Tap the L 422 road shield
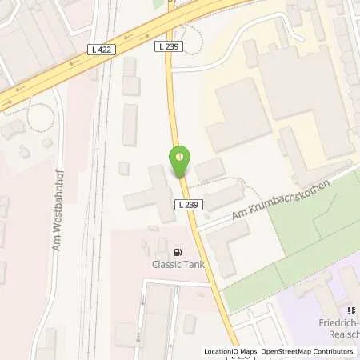pyautogui.click(x=102, y=50)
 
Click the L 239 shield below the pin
pyautogui.click(x=187, y=205)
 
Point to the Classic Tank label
pyautogui.click(x=173, y=263)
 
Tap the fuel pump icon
pyautogui.click(x=173, y=250)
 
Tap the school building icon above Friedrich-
pyautogui.click(x=349, y=311)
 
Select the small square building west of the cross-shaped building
pyautogui.click(x=124, y=168)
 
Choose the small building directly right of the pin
pyautogui.click(x=210, y=170)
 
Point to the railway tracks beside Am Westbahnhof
pyautogui.click(x=94, y=200)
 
